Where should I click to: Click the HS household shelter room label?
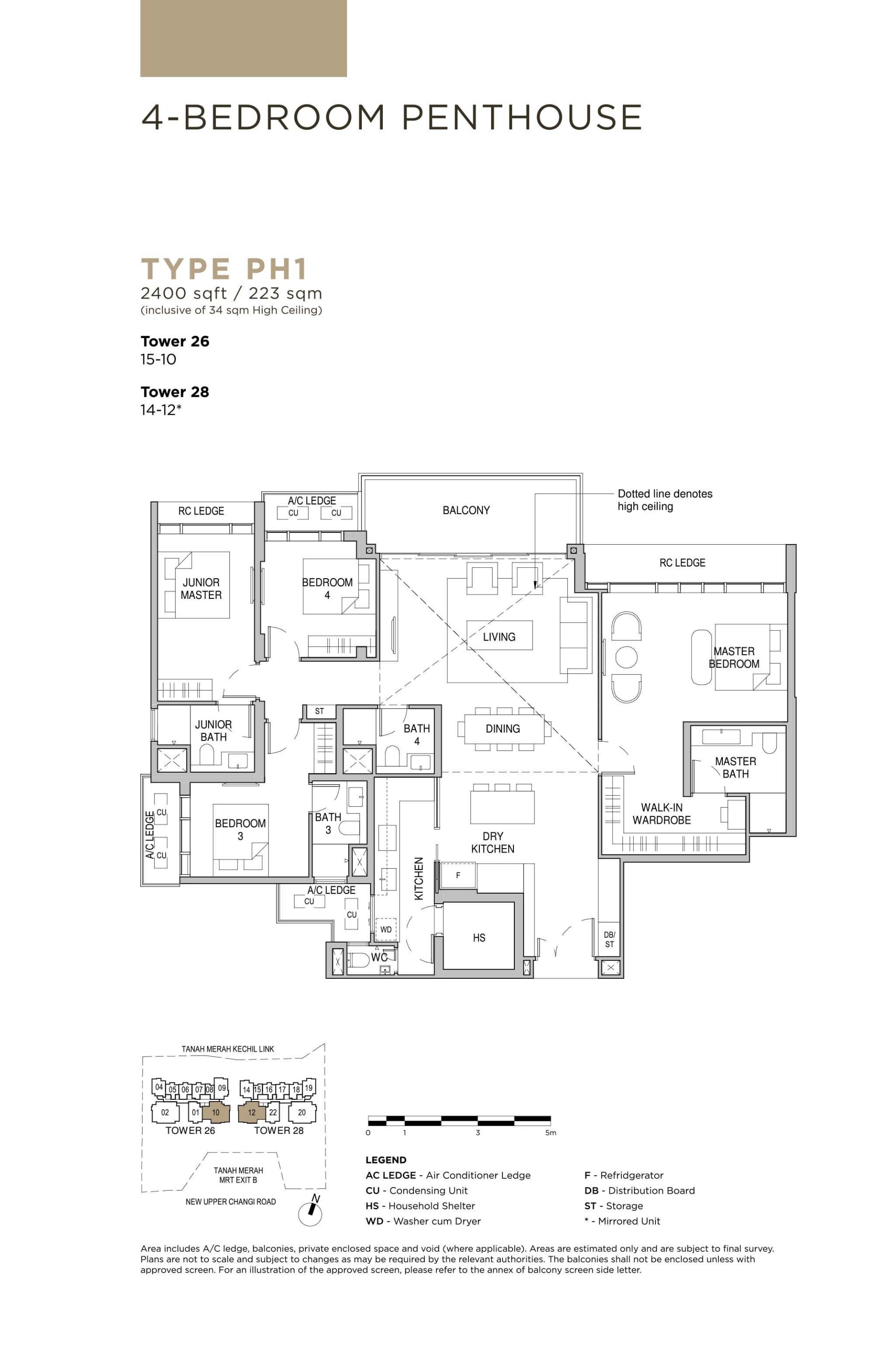(478, 938)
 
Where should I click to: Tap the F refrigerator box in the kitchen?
(457, 876)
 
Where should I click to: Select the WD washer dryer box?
(386, 930)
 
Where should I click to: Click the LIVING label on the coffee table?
(499, 637)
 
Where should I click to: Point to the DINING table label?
(502, 729)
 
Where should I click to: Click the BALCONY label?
(466, 511)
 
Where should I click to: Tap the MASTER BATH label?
(735, 768)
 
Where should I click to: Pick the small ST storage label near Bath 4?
(320, 711)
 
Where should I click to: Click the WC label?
(379, 957)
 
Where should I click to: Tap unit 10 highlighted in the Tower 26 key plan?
(216, 1112)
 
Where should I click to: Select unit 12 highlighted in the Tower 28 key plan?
(251, 1112)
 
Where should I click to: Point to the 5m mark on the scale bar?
(550, 1133)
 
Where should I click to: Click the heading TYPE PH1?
(224, 269)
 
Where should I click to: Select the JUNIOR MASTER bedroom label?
(201, 589)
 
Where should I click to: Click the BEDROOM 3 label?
(240, 829)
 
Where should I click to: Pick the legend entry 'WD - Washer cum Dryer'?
(423, 1221)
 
